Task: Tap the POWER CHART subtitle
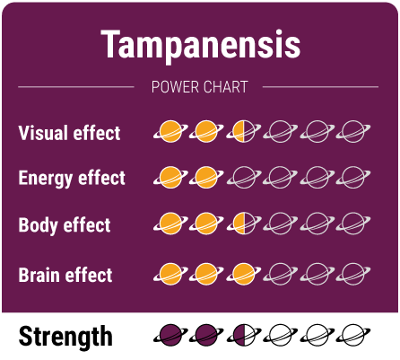click(199, 87)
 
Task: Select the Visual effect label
click(69, 133)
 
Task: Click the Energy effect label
click(72, 178)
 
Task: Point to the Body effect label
click(65, 224)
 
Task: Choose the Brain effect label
click(65, 274)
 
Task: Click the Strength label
click(65, 337)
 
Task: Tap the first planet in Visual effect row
click(171, 131)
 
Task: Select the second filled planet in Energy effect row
click(208, 176)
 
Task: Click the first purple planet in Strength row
click(171, 335)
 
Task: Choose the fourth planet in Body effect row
click(281, 223)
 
